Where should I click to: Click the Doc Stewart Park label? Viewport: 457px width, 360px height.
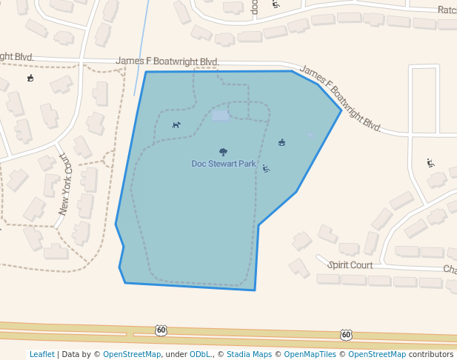(223, 164)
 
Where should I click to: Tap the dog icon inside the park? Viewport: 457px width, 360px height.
(176, 124)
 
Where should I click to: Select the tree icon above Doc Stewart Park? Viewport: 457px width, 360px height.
(223, 152)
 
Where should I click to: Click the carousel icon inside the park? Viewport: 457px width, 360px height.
(281, 142)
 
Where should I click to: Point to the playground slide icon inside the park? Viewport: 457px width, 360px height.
(266, 168)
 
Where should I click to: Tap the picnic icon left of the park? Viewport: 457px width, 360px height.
(30, 78)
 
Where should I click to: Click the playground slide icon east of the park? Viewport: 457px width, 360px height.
(430, 163)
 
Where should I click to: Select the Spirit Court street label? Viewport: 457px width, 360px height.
(350, 264)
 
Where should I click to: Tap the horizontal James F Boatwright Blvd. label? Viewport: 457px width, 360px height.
(167, 61)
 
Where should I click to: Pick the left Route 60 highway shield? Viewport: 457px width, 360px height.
(161, 330)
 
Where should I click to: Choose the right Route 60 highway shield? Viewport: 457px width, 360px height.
(346, 335)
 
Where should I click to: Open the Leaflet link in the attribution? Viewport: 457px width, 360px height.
(41, 354)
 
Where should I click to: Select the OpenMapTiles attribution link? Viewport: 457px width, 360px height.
(310, 354)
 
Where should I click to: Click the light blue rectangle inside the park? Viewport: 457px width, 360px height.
(220, 116)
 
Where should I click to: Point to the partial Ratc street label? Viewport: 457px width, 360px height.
(447, 10)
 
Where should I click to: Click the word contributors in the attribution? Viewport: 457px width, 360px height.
(430, 354)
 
